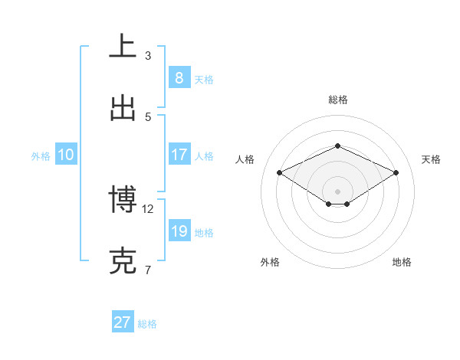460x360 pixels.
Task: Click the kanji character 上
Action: (x=123, y=47)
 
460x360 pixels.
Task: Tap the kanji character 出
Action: (x=123, y=108)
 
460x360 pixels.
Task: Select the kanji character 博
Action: (x=123, y=200)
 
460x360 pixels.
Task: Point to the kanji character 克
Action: (x=123, y=261)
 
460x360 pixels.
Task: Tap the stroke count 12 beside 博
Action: (x=148, y=208)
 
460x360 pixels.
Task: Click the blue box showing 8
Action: (x=179, y=77)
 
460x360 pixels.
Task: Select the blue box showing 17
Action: (x=179, y=155)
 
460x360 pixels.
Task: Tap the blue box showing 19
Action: (x=179, y=231)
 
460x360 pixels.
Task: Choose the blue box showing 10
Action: (x=65, y=155)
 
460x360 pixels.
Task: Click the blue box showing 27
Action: (x=123, y=322)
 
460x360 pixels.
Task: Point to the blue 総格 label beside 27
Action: (x=147, y=324)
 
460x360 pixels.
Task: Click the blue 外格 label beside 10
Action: (x=41, y=156)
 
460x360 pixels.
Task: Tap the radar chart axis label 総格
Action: (x=337, y=100)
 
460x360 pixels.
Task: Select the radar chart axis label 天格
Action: (x=431, y=159)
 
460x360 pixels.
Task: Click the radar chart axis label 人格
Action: (x=245, y=159)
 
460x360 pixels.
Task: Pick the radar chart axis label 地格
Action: (x=402, y=262)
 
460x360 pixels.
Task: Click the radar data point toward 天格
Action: (x=396, y=173)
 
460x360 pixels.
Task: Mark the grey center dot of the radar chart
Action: (x=337, y=191)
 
